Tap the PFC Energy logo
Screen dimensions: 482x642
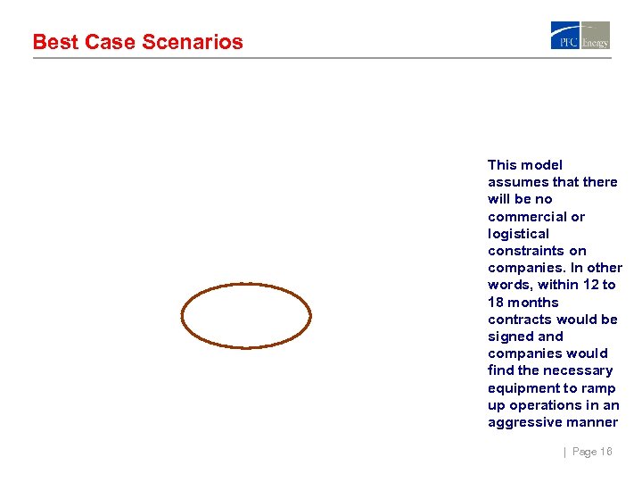click(580, 35)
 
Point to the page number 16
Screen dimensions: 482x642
click(605, 452)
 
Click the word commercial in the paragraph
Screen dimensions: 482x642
click(528, 216)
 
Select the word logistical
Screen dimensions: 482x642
click(518, 233)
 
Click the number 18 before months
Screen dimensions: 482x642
click(496, 302)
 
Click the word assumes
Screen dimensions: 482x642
click(518, 182)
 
